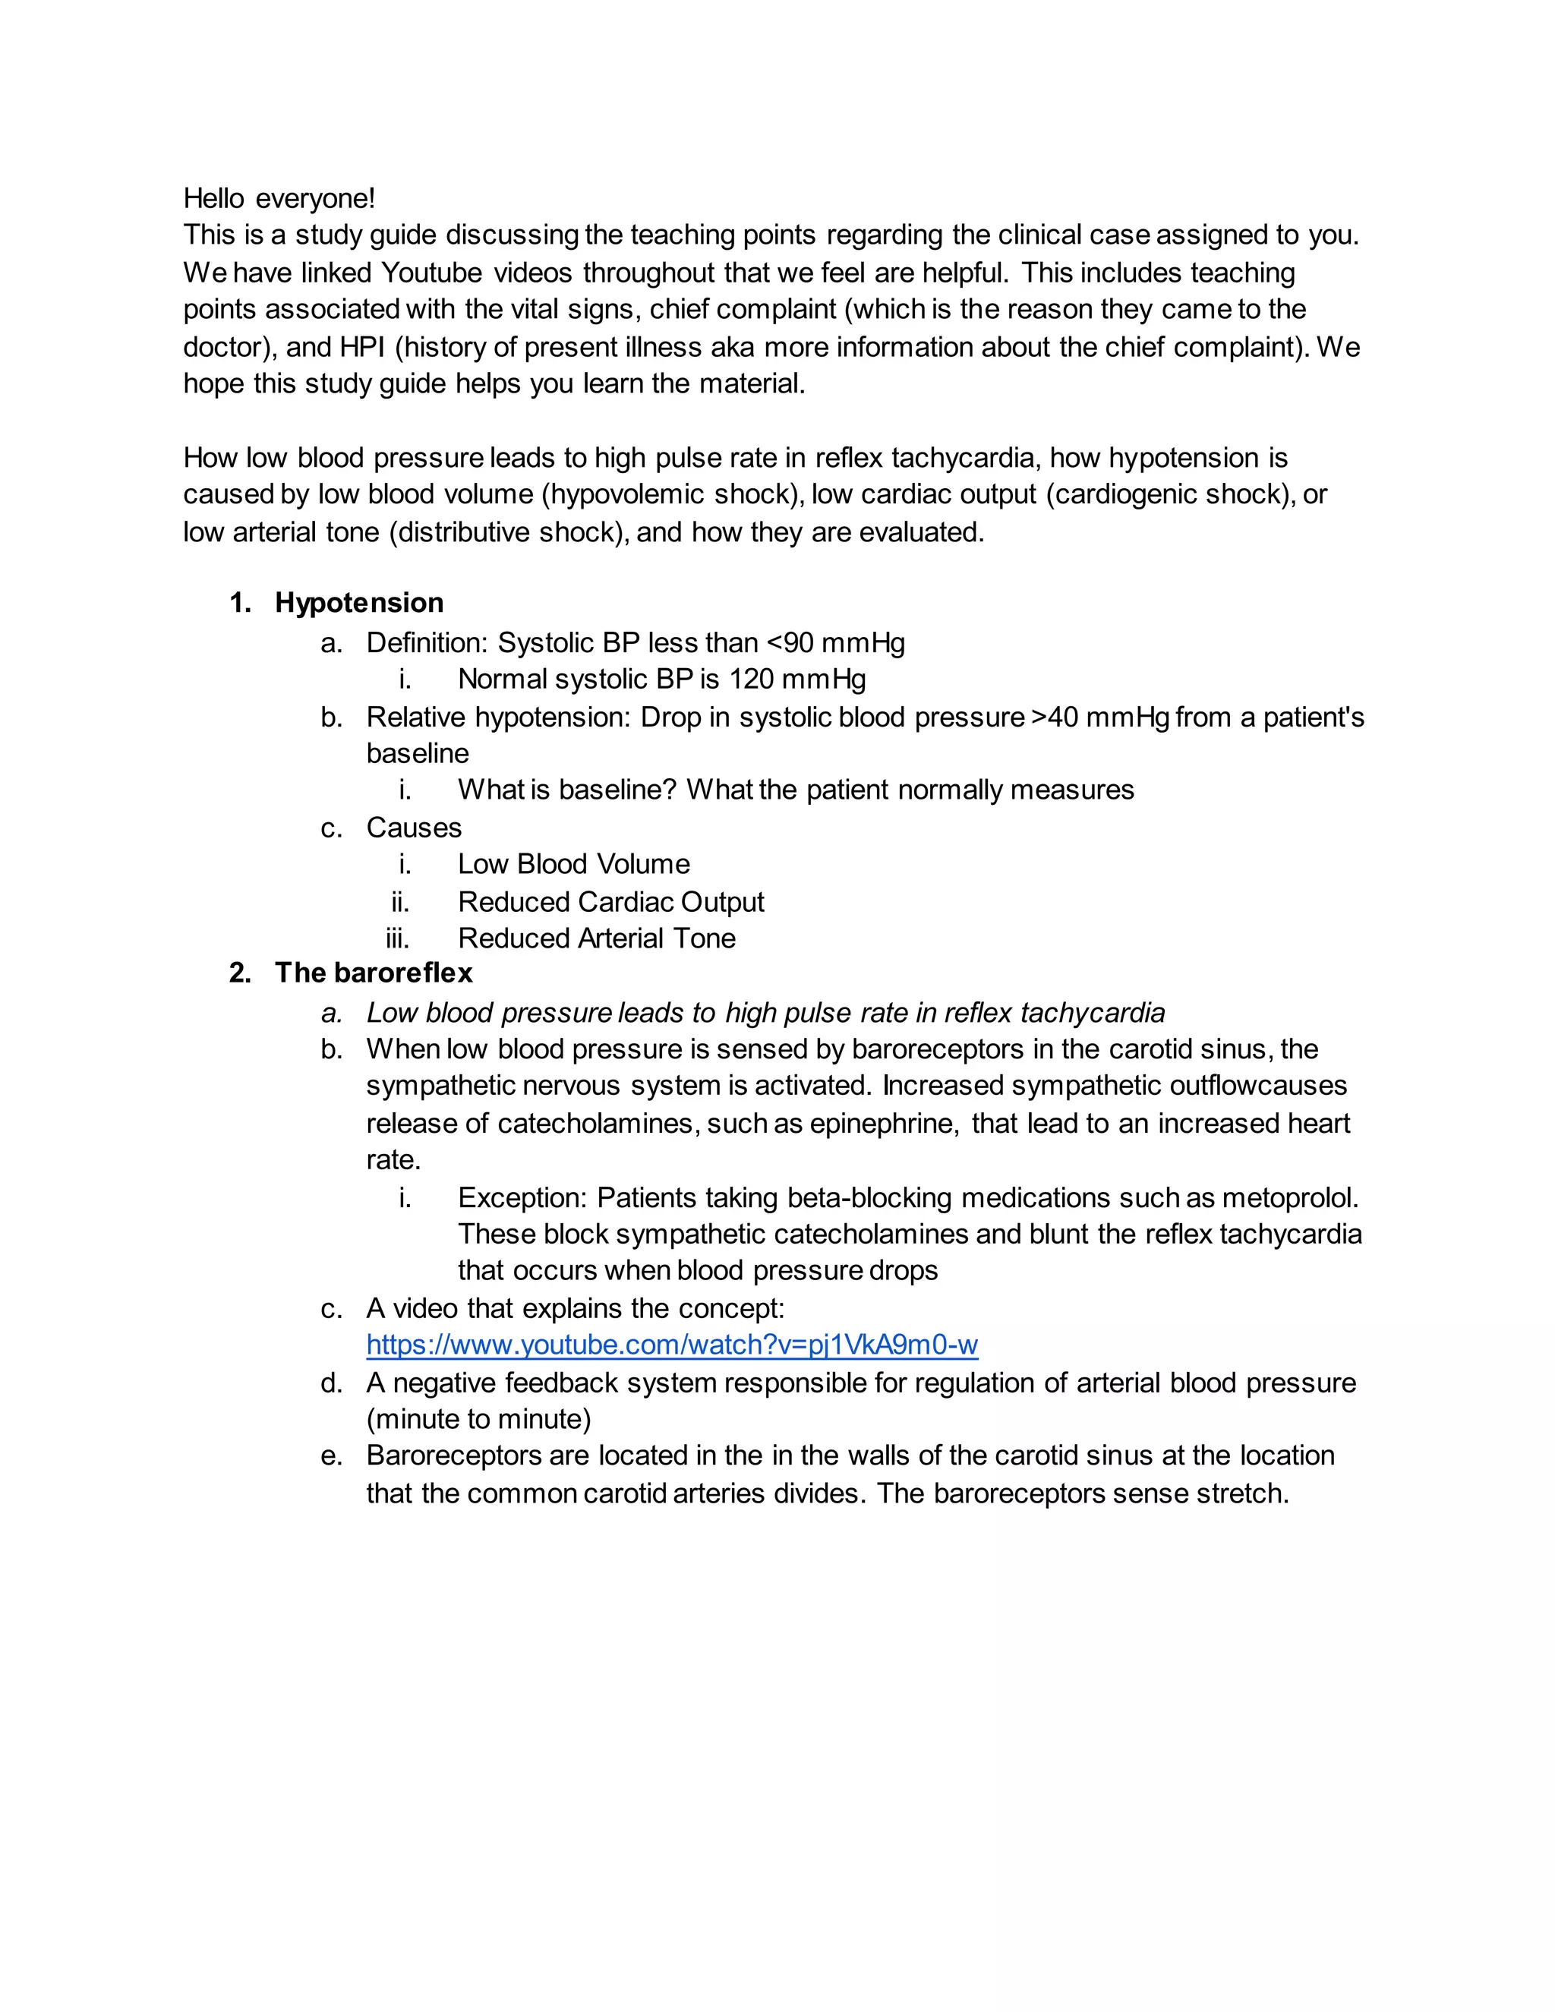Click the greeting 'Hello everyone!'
279,198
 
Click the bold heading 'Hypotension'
358,603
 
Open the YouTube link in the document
671,1345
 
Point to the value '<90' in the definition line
789,642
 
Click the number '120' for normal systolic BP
751,679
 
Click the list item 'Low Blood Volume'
573,864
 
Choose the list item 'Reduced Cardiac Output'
610,902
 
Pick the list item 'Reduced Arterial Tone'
596,938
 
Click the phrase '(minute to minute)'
479,1419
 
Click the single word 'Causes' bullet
414,828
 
